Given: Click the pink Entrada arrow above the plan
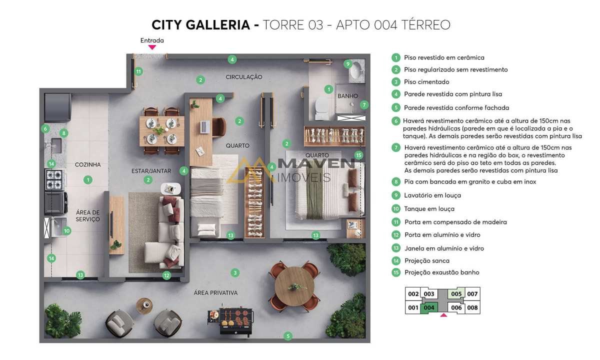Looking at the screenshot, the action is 152,47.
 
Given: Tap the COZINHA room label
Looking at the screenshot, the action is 88,164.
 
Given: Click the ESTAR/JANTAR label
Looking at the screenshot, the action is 151,171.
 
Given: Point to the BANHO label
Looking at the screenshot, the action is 347,96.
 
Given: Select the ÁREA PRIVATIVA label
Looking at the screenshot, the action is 215,293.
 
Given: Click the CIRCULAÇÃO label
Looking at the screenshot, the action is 244,77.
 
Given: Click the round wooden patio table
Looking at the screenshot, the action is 294,286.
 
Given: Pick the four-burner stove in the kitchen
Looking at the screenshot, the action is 54,179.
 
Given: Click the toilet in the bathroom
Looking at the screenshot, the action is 321,109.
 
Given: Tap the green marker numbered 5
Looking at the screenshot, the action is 288,336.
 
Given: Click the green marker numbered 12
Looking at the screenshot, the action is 166,275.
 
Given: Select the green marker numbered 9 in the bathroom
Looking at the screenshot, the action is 347,64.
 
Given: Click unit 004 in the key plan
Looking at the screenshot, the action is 429,308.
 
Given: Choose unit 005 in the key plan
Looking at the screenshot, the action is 456,294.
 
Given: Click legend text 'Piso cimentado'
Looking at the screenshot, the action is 426,81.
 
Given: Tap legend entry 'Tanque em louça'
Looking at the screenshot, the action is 429,208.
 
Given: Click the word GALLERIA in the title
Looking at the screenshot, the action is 218,24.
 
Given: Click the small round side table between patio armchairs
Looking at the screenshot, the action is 144,305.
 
